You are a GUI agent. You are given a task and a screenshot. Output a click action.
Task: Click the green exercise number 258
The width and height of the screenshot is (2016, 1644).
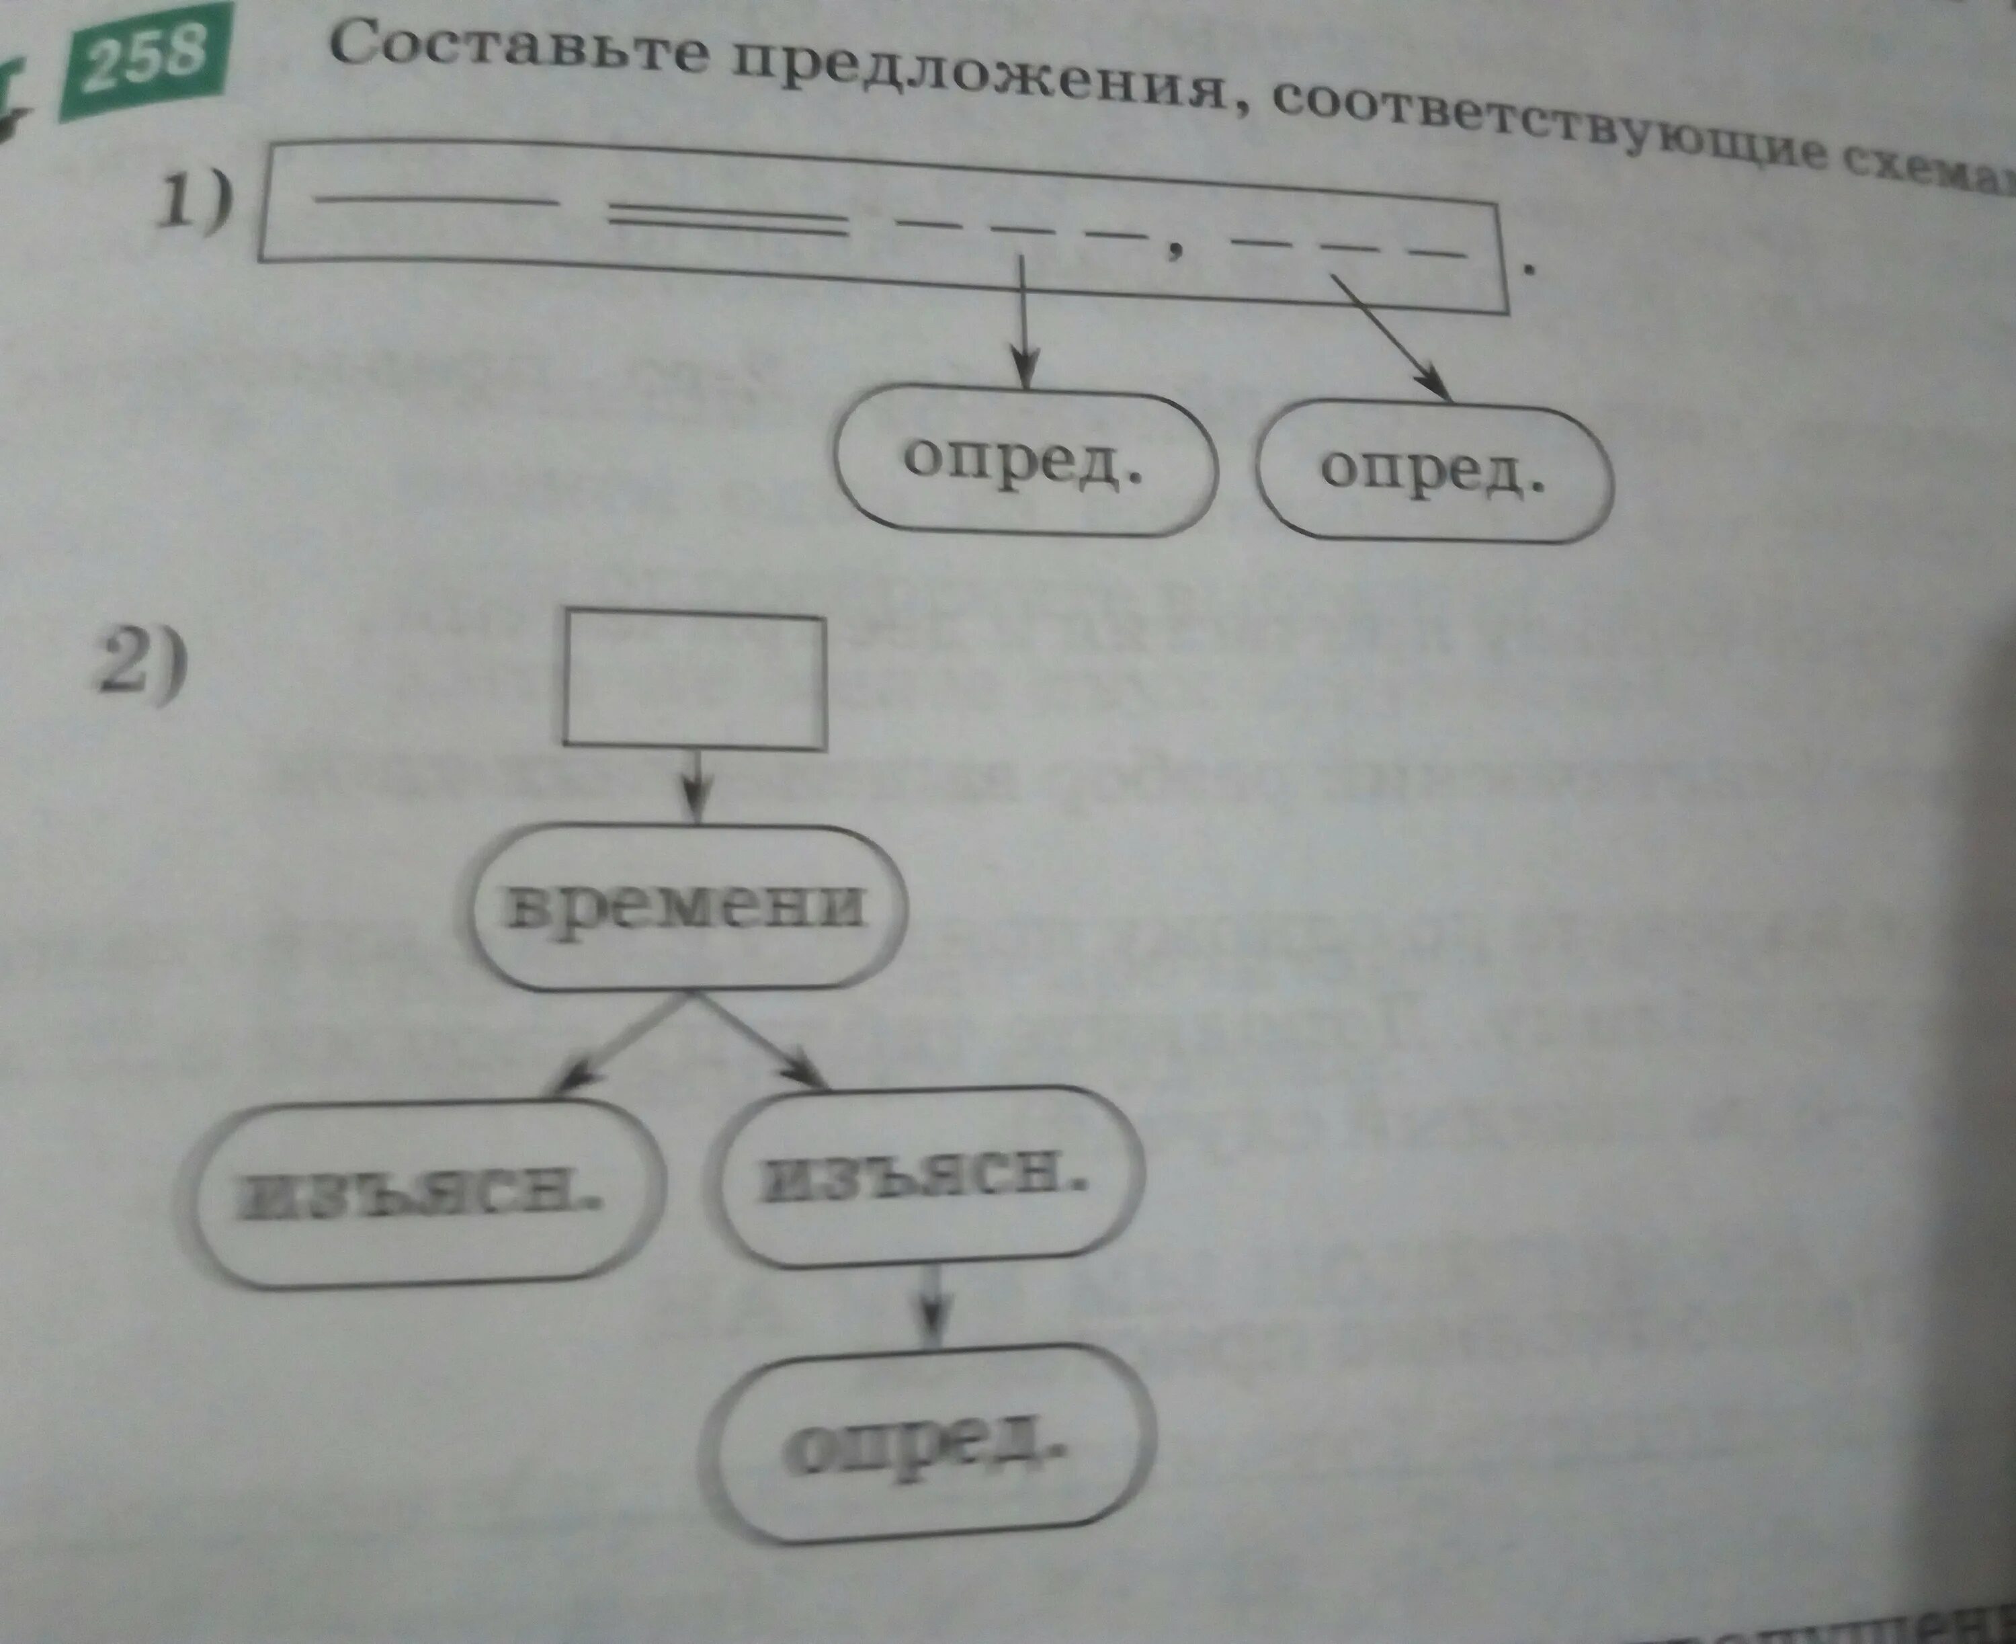tap(144, 58)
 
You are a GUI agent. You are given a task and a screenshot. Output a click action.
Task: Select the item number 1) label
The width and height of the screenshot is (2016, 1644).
tap(194, 201)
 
